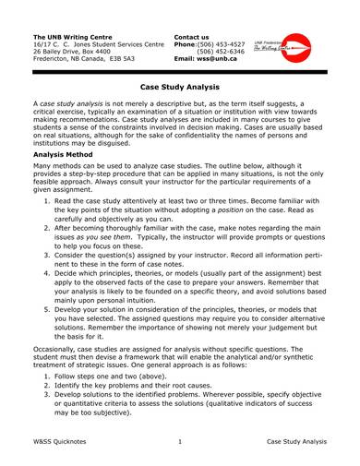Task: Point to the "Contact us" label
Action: [x=194, y=36]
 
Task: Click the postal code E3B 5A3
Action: [x=132, y=59]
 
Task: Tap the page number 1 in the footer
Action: [x=179, y=442]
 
